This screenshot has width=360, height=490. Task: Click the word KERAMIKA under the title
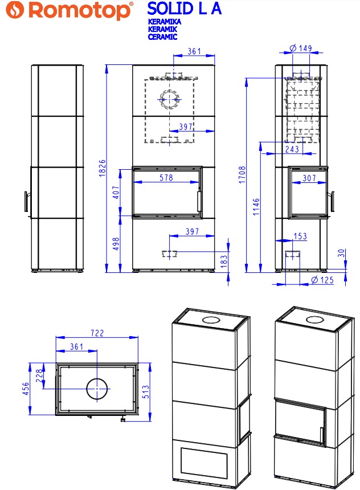(165, 22)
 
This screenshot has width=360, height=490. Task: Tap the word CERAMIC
(162, 36)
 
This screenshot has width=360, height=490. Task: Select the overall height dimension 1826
(103, 168)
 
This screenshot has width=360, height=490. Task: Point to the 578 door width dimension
(166, 178)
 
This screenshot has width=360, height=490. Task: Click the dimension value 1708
(242, 175)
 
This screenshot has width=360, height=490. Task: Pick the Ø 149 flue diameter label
(301, 48)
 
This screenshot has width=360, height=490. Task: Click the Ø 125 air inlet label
(322, 280)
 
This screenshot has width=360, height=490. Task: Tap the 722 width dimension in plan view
(97, 333)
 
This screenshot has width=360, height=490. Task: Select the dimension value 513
(146, 391)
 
